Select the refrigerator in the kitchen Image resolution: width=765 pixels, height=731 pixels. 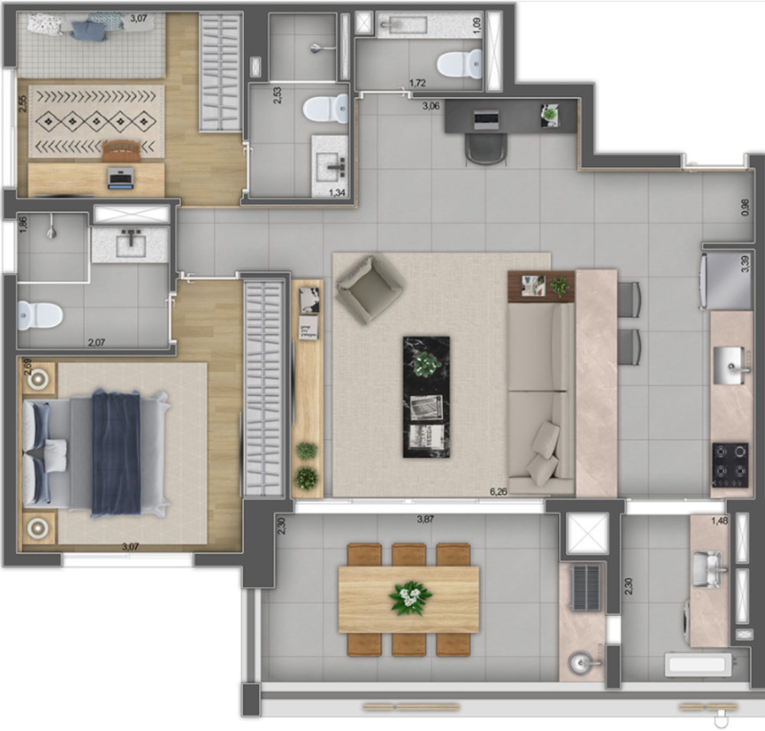click(726, 281)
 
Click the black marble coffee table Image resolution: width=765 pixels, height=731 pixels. click(426, 397)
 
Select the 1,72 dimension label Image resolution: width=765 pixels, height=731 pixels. click(417, 83)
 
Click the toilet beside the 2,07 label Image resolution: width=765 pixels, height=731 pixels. click(39, 314)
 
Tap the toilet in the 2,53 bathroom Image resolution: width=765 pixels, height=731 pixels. click(325, 109)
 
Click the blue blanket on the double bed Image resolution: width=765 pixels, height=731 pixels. click(116, 452)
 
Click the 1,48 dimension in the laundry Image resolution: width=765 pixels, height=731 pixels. click(718, 521)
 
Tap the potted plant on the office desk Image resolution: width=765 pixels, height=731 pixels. click(550, 115)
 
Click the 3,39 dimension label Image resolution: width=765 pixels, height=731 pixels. click(745, 265)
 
